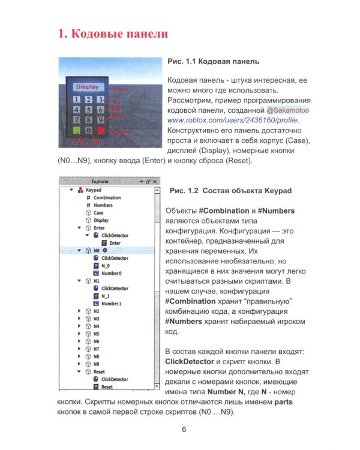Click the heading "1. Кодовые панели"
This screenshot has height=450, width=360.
pos(113,34)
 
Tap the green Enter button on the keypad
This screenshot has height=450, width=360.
pos(76,129)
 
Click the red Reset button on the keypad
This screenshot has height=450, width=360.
pos(100,129)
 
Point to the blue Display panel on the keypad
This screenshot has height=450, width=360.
pos(86,87)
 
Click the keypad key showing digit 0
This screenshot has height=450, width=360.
pos(88,129)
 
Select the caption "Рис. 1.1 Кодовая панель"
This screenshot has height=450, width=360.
pos(214,61)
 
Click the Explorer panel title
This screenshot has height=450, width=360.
pos(100,181)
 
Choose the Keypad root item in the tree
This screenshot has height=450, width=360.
pos(95,190)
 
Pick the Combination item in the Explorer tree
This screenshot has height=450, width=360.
pos(107,197)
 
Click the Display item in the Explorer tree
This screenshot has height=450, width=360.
pos(101,220)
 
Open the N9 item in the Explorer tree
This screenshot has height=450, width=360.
pos(96,364)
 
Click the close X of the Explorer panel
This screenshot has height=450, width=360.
pos(154,181)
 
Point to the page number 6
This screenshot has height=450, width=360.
pos(184,429)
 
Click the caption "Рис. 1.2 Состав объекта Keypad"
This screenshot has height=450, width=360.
pos(231,191)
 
